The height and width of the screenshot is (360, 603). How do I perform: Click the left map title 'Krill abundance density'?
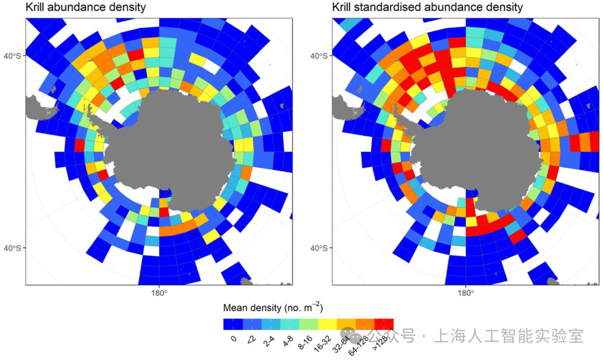(86, 7)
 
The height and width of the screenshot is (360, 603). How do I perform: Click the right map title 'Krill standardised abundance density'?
(428, 7)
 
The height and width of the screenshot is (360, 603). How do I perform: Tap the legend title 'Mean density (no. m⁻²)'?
(273, 308)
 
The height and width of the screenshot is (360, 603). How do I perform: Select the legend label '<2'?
(251, 339)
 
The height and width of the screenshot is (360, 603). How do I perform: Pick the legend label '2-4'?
(269, 341)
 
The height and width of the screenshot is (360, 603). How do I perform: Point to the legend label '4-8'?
(288, 341)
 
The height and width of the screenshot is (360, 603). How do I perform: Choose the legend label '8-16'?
(305, 342)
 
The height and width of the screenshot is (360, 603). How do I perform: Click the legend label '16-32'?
(323, 343)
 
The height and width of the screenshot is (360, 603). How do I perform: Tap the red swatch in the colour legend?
(384, 324)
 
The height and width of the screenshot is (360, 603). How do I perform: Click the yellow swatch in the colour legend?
(328, 324)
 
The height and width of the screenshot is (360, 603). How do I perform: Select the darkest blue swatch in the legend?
(233, 324)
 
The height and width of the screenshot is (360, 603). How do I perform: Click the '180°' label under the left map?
(159, 294)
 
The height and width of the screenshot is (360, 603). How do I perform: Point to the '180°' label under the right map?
(466, 294)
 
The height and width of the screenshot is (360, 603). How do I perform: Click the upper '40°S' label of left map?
(12, 56)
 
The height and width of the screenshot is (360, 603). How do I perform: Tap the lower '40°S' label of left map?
(12, 248)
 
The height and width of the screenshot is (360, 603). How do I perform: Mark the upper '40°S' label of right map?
(319, 56)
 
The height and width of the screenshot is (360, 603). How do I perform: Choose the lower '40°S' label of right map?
(319, 248)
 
